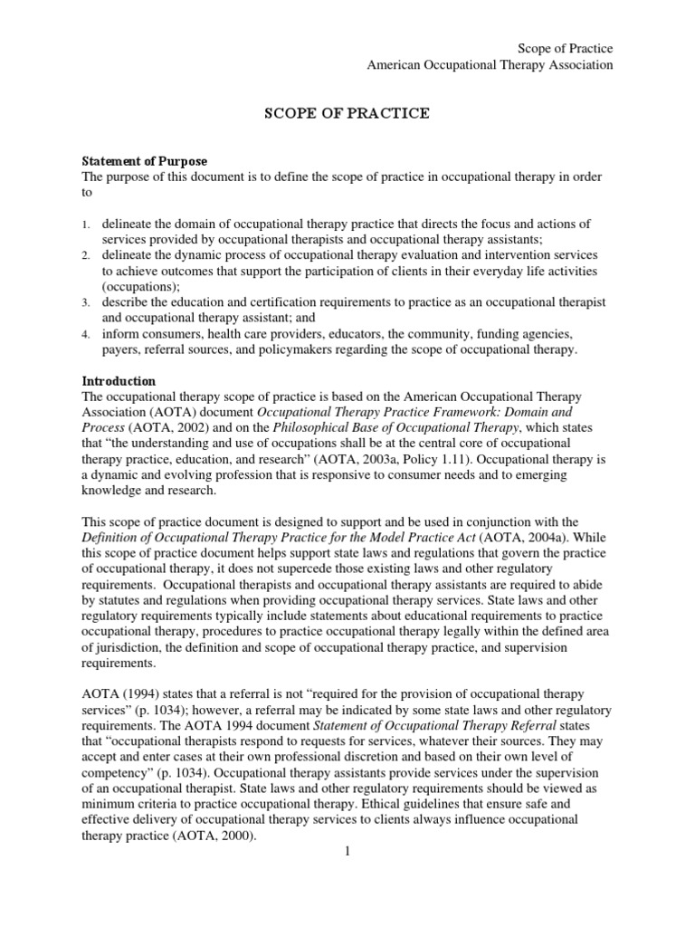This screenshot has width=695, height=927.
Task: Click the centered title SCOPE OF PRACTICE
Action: coord(347,114)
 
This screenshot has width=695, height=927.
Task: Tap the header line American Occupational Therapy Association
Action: coord(489,64)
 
